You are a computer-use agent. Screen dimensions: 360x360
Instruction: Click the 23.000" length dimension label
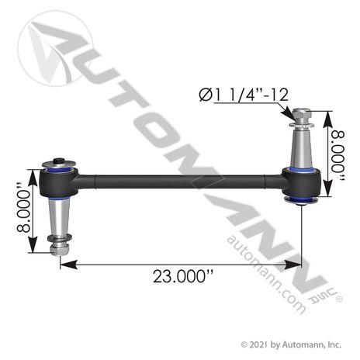pos(182,276)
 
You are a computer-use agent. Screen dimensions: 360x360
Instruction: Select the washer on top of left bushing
pos(57,164)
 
